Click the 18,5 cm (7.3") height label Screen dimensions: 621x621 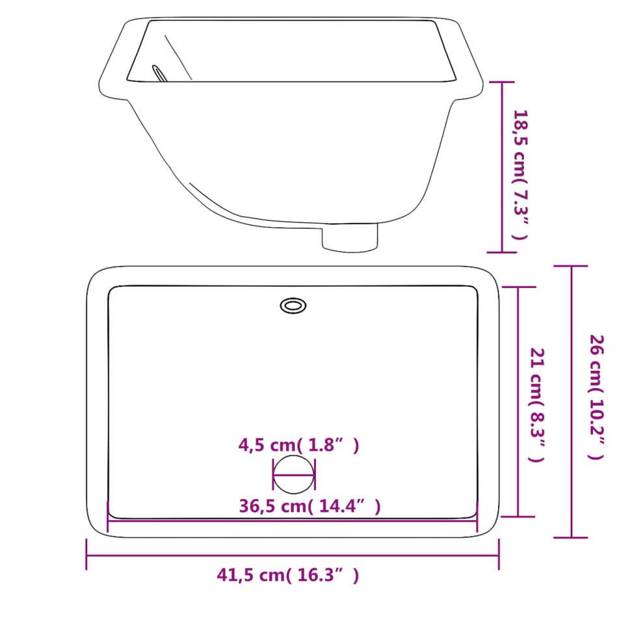[x=520, y=174]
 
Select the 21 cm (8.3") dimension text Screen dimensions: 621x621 [x=536, y=404]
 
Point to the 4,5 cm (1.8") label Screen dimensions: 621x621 [x=298, y=445]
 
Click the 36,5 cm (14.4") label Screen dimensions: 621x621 [x=310, y=506]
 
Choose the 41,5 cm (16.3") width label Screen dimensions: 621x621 [x=288, y=575]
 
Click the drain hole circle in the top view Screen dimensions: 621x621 [x=293, y=475]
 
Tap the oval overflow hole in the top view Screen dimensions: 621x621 [x=293, y=306]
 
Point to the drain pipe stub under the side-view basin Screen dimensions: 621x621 [x=349, y=238]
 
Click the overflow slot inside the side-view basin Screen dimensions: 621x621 [x=159, y=73]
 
